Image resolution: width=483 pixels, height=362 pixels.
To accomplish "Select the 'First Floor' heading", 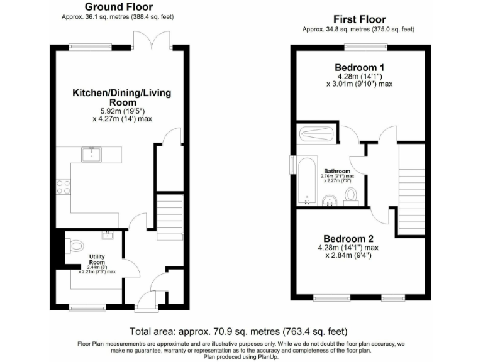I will tap(360, 19).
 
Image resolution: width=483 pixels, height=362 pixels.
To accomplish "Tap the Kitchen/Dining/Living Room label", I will tap(121, 97).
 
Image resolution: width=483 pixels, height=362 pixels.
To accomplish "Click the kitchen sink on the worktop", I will tap(92, 153).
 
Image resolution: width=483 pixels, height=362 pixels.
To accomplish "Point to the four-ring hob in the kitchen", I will tap(64, 187).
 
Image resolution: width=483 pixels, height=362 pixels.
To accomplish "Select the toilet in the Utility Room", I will tap(76, 245).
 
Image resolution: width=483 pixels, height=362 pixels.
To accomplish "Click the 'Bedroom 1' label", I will tap(359, 67).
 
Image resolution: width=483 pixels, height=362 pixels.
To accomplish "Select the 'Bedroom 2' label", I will tap(348, 239).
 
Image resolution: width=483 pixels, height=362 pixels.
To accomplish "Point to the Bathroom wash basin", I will tap(328, 200).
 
